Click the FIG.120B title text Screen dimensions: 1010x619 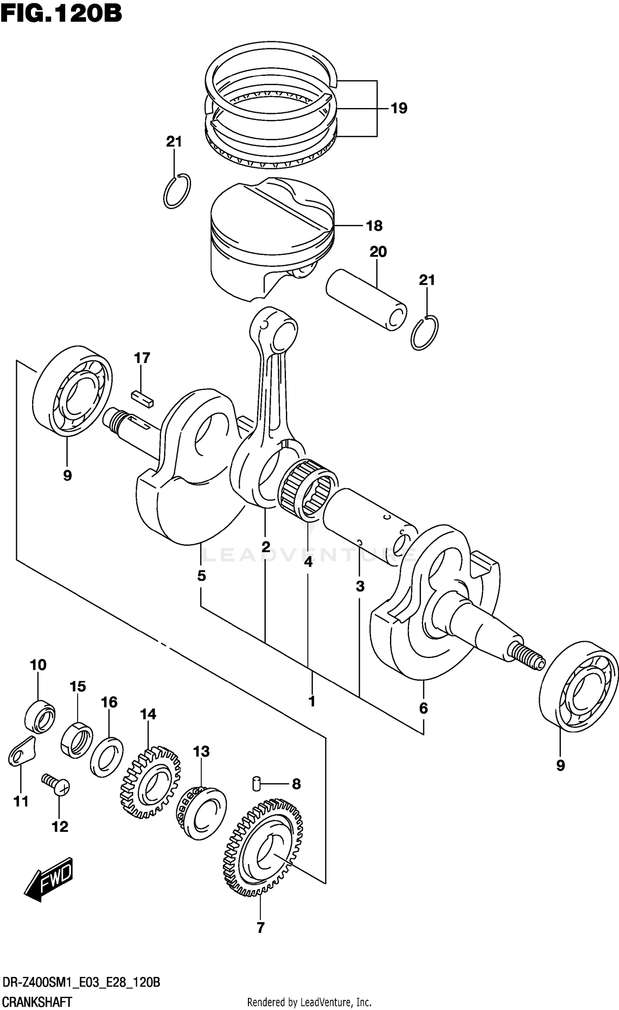(61, 14)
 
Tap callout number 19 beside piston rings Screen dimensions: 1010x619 (398, 108)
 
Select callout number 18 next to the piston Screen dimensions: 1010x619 (374, 226)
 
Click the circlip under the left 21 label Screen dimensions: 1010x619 (177, 191)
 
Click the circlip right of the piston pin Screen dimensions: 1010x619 (425, 333)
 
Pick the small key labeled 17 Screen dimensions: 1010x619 (142, 399)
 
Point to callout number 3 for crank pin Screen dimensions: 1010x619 (360, 586)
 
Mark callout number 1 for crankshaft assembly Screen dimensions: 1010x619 (312, 701)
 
